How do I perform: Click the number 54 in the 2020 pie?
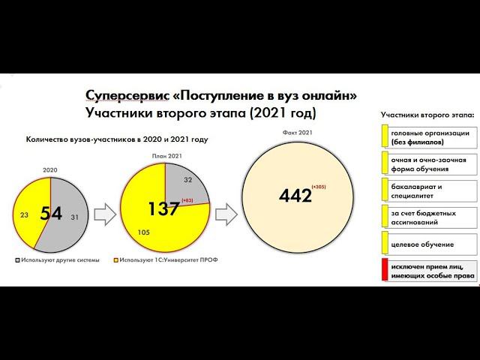51,214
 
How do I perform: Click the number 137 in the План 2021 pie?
163,209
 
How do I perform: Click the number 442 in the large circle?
295,195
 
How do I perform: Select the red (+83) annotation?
187,200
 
